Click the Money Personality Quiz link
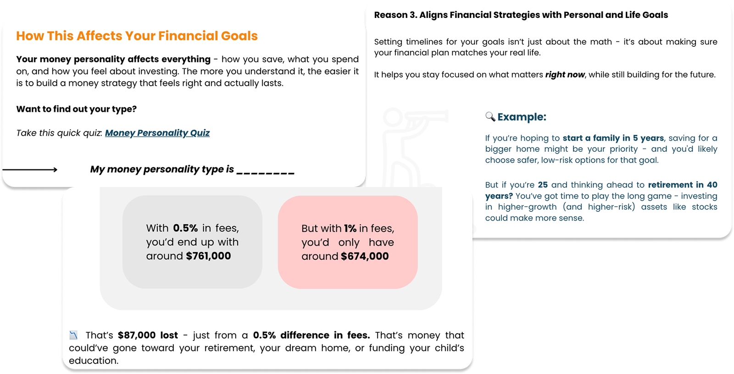click(x=157, y=133)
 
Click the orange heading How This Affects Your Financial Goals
click(x=137, y=36)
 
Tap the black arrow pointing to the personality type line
click(x=30, y=169)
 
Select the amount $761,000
click(x=208, y=256)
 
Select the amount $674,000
click(x=365, y=256)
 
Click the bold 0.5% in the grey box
click(x=185, y=228)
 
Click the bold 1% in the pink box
click(x=350, y=228)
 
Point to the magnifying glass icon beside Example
click(x=490, y=116)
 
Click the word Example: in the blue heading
click(x=522, y=117)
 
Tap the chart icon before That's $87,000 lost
click(x=73, y=335)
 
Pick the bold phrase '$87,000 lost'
click(x=148, y=335)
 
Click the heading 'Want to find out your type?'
click(x=76, y=109)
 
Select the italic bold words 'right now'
click(x=565, y=75)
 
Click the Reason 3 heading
click(x=521, y=15)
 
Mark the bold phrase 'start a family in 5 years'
click(x=613, y=138)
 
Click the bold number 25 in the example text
click(x=543, y=185)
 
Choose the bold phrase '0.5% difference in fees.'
click(x=311, y=335)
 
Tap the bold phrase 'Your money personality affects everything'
click(x=113, y=59)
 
